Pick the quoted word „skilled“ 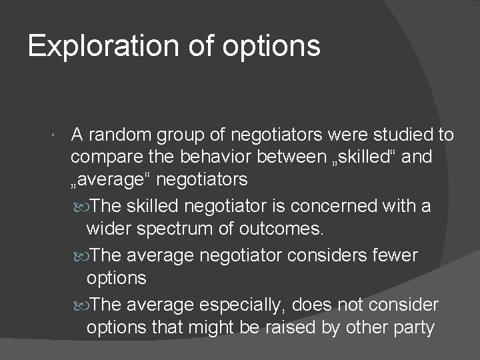(369, 159)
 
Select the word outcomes (283, 230)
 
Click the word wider (106, 230)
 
